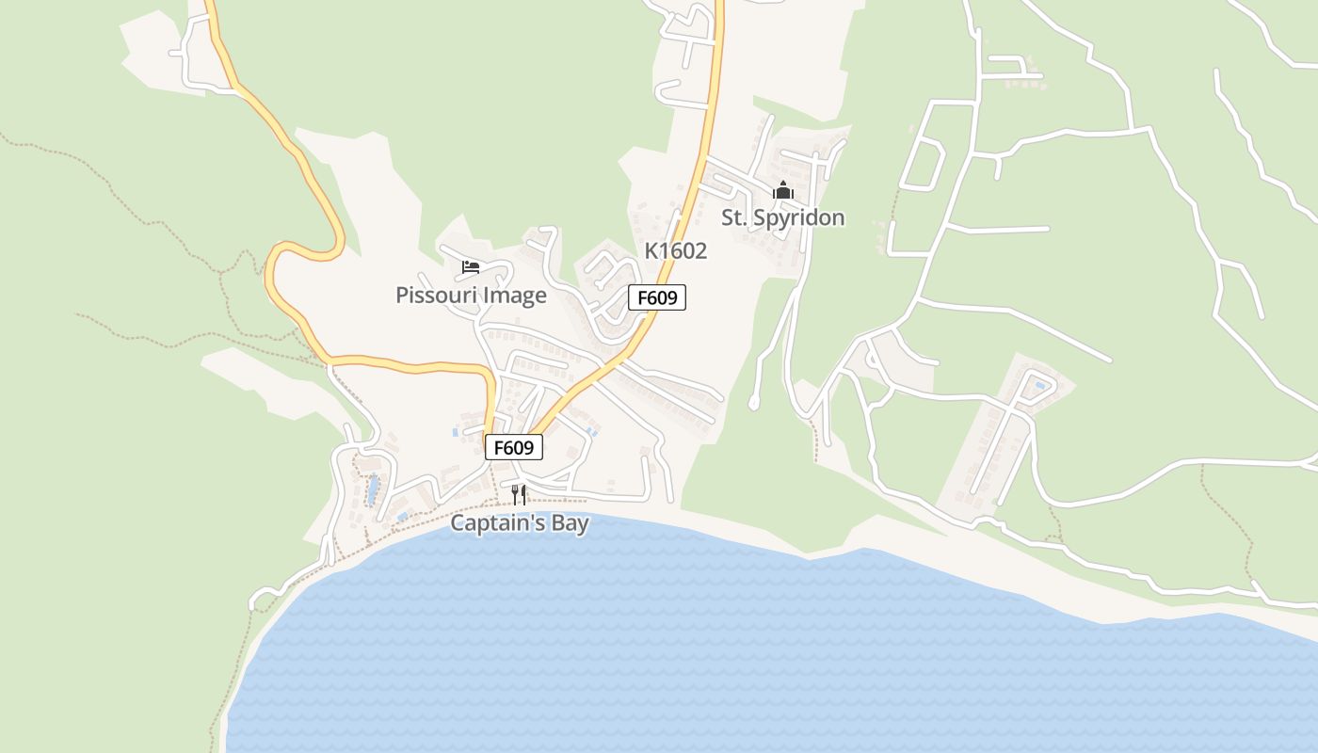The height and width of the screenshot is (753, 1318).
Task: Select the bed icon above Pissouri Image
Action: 471,267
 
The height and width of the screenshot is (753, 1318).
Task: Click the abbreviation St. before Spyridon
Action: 734,218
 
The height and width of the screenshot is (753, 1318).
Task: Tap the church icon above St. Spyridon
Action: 783,190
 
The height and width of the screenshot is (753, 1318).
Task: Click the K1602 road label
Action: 675,251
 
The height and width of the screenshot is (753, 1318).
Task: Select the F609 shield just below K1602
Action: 657,298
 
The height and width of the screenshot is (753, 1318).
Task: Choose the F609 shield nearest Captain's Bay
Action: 514,447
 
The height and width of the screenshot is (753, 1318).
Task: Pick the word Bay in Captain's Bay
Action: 571,523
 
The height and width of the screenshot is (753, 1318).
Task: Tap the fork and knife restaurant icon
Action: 518,494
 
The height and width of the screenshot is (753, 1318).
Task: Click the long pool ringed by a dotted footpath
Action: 373,489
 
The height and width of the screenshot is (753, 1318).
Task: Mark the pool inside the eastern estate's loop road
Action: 1039,386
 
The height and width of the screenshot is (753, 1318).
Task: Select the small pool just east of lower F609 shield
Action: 590,432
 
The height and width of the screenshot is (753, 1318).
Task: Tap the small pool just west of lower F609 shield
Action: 456,433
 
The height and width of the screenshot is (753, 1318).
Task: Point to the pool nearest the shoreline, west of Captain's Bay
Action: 403,517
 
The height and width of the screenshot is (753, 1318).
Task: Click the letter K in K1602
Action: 651,251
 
